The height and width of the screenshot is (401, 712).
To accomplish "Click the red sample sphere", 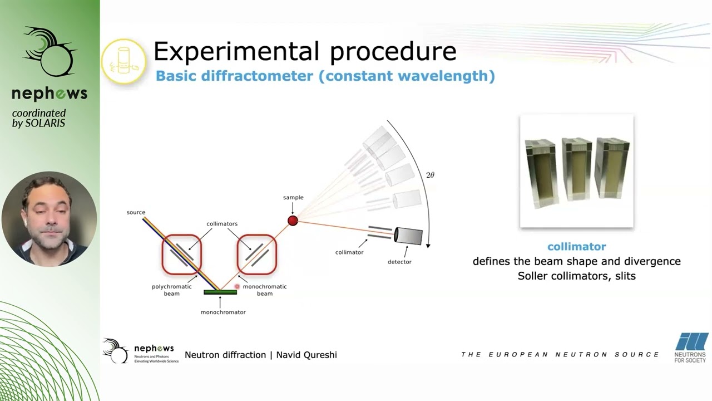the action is point(293,221).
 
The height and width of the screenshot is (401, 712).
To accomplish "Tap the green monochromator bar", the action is point(220,292).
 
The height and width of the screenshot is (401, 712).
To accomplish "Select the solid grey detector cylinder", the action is point(408,236).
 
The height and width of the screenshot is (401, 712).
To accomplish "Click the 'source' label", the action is point(136,212).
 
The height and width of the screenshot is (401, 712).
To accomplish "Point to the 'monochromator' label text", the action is point(223,312).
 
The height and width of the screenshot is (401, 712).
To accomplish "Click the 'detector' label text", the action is point(399,262).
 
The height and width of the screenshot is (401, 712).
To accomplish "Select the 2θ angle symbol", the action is point(430,175).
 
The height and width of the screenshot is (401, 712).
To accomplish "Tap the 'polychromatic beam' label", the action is point(172,290).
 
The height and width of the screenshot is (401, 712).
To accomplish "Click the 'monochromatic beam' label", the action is point(265,290).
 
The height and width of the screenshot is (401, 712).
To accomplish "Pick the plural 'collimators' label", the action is point(222,224).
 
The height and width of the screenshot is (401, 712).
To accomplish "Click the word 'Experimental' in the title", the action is point(236,52).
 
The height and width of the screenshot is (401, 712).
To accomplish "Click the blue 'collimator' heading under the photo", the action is point(577,247).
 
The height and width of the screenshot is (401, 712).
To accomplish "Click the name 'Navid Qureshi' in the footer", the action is point(306,355).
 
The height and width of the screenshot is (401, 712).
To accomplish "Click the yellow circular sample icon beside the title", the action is point(124,61).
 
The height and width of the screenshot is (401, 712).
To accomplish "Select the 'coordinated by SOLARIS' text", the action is point(39,119).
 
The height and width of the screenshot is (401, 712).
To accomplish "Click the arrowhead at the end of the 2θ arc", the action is point(428,246).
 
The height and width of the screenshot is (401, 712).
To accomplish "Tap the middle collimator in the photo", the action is point(577,169).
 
